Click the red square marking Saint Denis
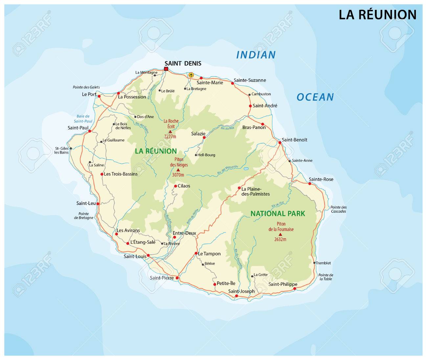click(x=166, y=69)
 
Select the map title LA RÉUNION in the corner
click(x=377, y=15)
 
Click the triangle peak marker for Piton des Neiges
click(x=178, y=170)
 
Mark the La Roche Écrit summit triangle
click(x=170, y=132)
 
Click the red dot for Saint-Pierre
click(x=177, y=278)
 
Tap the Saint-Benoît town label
click(x=294, y=140)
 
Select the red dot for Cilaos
click(x=175, y=186)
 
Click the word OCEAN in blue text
click(x=315, y=97)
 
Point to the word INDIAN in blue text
click(x=256, y=55)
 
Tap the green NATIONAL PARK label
click(x=278, y=214)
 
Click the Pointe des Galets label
click(x=86, y=87)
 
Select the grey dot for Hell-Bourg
click(x=196, y=155)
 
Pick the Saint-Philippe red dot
click(x=294, y=288)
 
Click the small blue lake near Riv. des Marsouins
click(x=246, y=169)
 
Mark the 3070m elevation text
click(x=178, y=175)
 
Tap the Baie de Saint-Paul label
click(x=83, y=118)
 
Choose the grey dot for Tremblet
click(x=314, y=263)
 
